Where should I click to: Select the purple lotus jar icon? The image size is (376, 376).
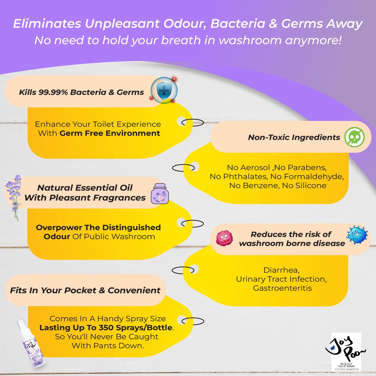tap(159, 194)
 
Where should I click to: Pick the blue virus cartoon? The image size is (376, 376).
tap(357, 235)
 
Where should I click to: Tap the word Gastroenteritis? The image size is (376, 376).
tap(282, 288)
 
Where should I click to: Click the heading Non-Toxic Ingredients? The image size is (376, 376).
tap(294, 137)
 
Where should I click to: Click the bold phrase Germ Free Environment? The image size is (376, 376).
tap(110, 133)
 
